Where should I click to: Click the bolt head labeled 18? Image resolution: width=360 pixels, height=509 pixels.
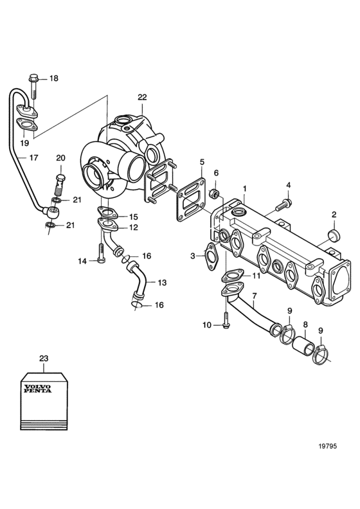(x=33, y=78)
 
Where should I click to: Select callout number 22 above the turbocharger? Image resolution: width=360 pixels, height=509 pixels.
(x=142, y=97)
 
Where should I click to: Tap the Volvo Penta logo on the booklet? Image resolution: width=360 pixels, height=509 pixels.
(x=37, y=388)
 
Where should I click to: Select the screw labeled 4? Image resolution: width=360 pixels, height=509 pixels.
(x=284, y=204)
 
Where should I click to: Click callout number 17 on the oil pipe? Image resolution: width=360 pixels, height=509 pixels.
(x=34, y=157)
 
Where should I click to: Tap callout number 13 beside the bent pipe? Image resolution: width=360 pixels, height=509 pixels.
(x=162, y=282)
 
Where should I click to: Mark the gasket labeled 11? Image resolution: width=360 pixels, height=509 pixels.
(x=233, y=276)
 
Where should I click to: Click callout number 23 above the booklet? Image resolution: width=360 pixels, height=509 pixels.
(x=44, y=359)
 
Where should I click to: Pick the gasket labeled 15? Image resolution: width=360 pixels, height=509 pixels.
(x=107, y=213)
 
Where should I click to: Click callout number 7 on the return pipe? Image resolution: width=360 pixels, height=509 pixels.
(x=254, y=296)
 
